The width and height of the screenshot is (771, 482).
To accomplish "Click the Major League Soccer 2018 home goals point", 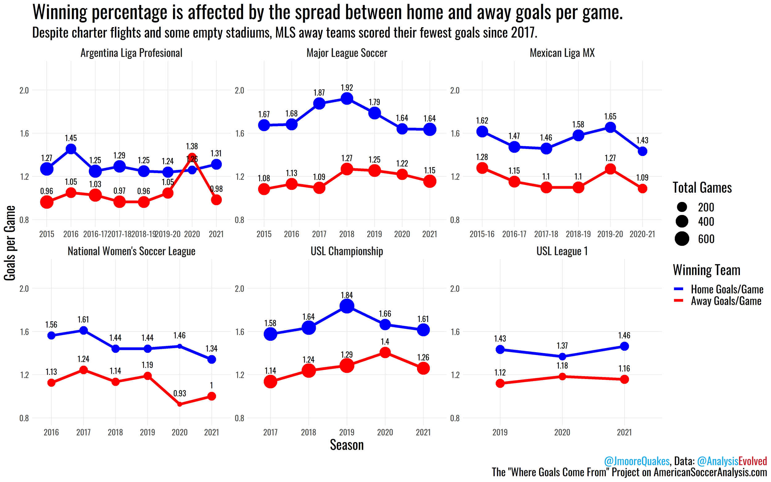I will point(347,99).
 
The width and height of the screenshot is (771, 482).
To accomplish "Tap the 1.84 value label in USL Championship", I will point(347,295).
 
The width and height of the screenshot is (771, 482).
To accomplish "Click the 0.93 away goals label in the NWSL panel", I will point(179,393).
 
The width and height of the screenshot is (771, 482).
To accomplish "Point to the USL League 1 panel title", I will point(562,251).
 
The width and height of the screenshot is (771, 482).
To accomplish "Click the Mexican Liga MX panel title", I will point(562,53).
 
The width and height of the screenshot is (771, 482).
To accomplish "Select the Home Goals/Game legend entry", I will point(727,289).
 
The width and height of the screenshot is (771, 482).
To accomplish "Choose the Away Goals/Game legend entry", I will point(726,301).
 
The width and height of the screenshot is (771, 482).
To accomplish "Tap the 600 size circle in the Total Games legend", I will point(682,239).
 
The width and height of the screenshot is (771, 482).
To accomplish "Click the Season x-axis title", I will point(347,445).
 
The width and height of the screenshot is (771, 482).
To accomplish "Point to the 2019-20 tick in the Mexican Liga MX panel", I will point(610,234).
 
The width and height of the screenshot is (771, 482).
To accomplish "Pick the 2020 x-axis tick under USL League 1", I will point(562,433).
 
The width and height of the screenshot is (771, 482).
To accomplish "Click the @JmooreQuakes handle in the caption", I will point(637,461).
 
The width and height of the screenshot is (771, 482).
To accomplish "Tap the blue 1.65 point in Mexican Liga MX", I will point(610,127).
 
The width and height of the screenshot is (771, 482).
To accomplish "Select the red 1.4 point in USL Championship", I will point(385,352).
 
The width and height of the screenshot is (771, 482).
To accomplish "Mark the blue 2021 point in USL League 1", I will point(625,346).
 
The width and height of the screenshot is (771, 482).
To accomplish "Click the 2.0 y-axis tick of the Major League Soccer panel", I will point(239,91).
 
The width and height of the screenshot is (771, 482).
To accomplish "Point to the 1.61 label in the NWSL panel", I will point(83,319).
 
